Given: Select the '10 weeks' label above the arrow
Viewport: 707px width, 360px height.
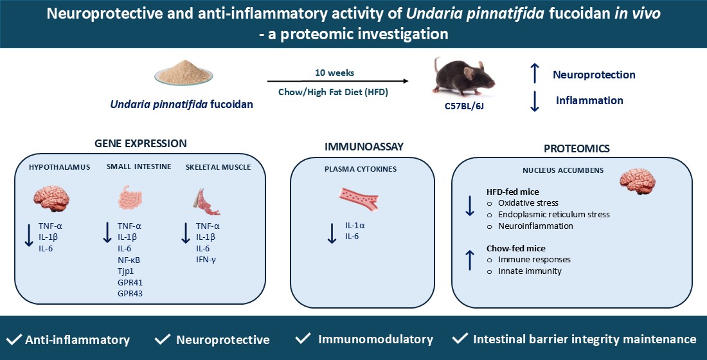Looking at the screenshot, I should click(335, 73).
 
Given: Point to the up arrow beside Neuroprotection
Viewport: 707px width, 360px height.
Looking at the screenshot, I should click(535, 74).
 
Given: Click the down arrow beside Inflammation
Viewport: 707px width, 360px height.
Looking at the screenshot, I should click(535, 101).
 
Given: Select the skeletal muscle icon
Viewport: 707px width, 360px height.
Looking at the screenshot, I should click(208, 199).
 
